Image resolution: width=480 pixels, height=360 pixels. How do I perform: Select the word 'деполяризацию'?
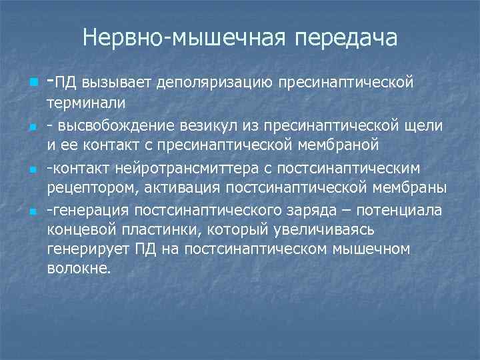(217, 83)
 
